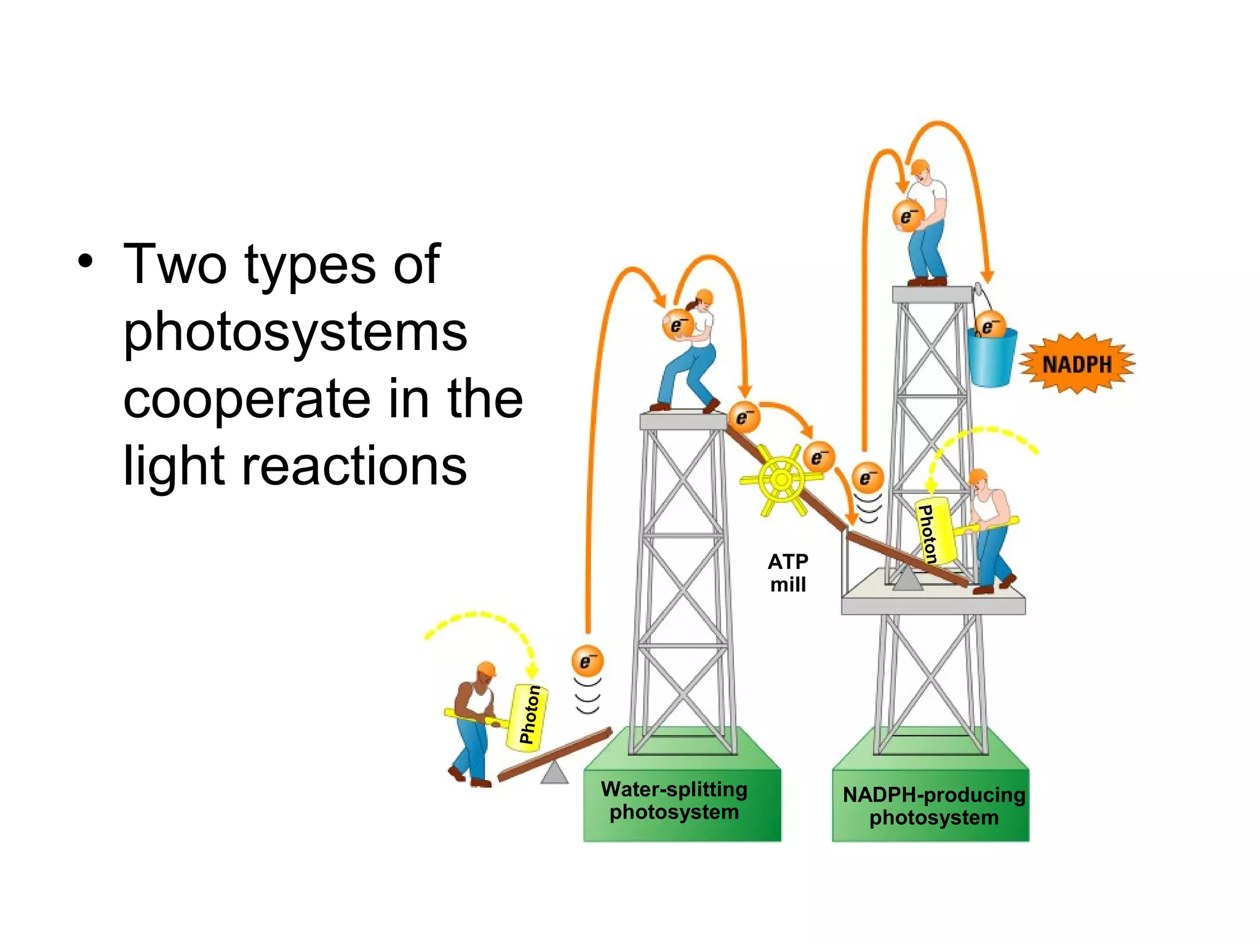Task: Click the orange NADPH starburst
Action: coord(1077,364)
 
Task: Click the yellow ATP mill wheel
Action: coord(781,479)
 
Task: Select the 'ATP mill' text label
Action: coord(788,573)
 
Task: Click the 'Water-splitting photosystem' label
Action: coord(674,800)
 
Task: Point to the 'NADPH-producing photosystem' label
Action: coord(933,806)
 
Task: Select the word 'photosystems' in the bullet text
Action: coord(295,332)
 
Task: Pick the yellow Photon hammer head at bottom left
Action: coord(527,717)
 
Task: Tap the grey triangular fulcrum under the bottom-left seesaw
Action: coord(554,773)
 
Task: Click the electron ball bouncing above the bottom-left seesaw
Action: coord(587,661)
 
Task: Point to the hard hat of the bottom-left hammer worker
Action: coord(487,669)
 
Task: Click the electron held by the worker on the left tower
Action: coord(677,324)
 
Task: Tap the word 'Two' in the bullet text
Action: coord(175,265)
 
